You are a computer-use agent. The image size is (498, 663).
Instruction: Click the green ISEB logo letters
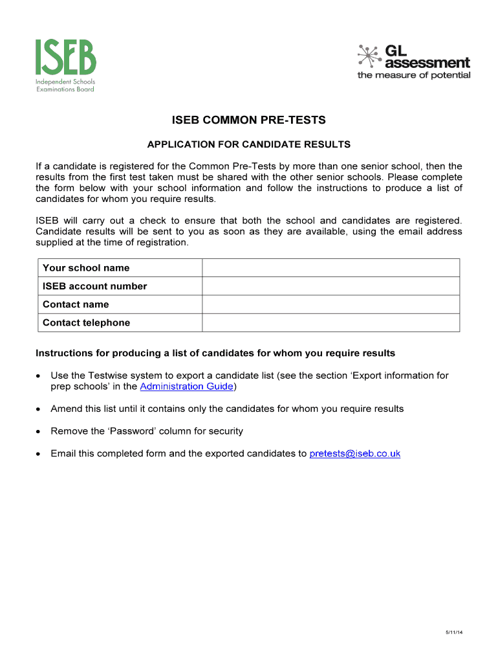65,57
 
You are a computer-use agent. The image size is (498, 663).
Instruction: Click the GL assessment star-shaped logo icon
369,56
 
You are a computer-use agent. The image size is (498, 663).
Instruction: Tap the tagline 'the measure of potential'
414,76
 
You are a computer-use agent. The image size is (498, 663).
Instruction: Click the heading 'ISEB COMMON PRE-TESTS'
248,120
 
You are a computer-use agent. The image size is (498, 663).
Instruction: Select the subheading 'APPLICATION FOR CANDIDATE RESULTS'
249,144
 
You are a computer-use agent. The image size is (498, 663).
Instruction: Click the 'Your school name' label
86,268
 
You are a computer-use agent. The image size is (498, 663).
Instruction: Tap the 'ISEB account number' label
94,286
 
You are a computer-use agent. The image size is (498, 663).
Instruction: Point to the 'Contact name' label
76,304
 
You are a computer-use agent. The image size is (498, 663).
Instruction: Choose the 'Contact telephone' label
86,322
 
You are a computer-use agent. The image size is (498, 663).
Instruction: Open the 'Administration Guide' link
186,387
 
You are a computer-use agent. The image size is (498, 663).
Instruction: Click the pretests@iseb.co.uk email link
354,453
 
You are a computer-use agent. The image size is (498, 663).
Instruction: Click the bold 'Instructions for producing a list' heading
215,354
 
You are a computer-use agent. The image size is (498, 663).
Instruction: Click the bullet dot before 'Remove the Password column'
39,431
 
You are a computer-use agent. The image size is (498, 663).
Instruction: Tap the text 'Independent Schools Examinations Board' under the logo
65,85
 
